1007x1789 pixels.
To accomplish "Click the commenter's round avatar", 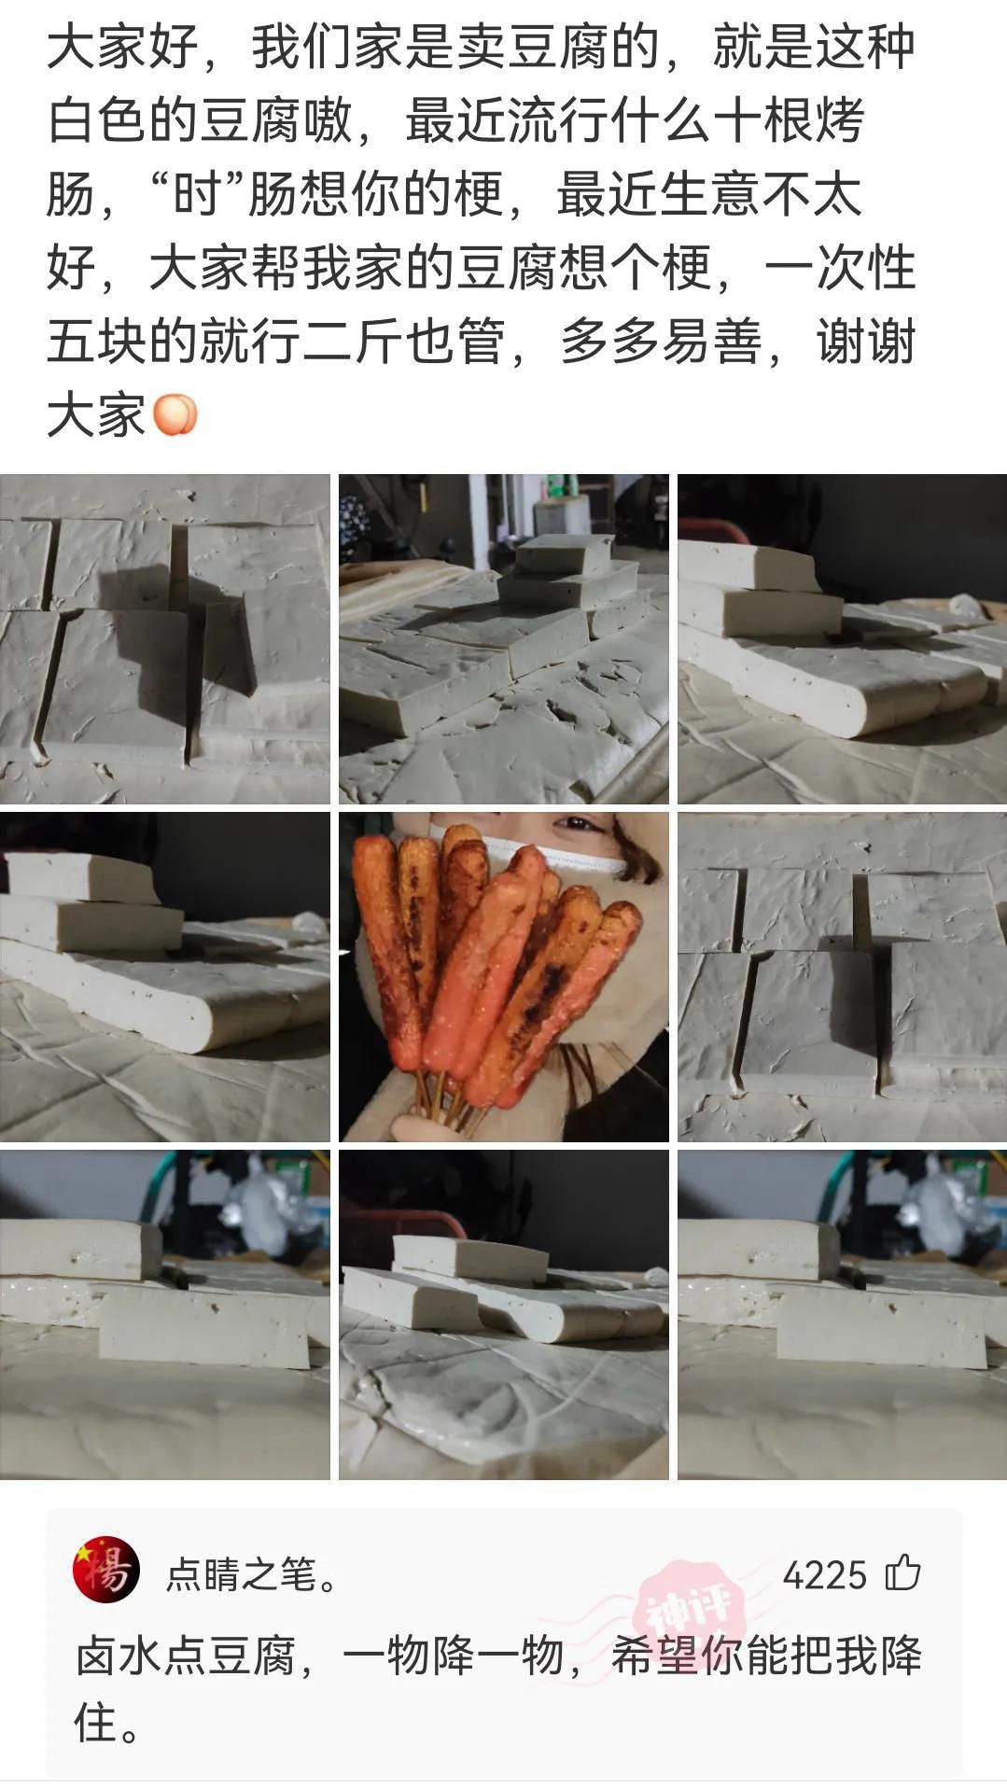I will [x=106, y=1569].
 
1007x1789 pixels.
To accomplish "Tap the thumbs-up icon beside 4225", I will [x=902, y=1573].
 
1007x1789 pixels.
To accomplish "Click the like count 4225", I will [x=824, y=1575].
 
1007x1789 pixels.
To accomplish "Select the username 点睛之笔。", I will [x=252, y=1575].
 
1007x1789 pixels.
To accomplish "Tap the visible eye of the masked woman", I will [x=573, y=826].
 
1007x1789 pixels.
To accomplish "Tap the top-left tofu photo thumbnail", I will [x=164, y=638].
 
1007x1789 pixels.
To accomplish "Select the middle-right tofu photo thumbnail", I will [x=842, y=976].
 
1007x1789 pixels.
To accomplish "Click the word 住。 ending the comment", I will [x=107, y=1722].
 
